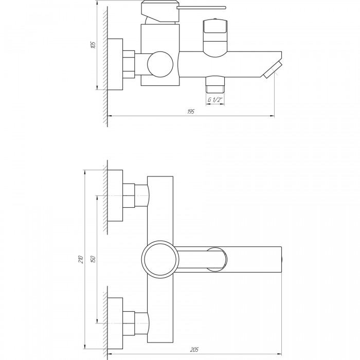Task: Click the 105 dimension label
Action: [x=93, y=45]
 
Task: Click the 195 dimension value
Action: [x=191, y=112]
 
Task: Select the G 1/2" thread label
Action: [x=215, y=100]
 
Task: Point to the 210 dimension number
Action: [x=81, y=259]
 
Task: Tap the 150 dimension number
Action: [x=93, y=259]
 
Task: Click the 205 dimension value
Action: [x=194, y=349]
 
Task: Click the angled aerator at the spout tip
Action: [x=273, y=70]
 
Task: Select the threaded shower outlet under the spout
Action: [x=215, y=84]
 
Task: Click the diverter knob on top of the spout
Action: [x=215, y=38]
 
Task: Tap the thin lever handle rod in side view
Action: [x=202, y=8]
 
